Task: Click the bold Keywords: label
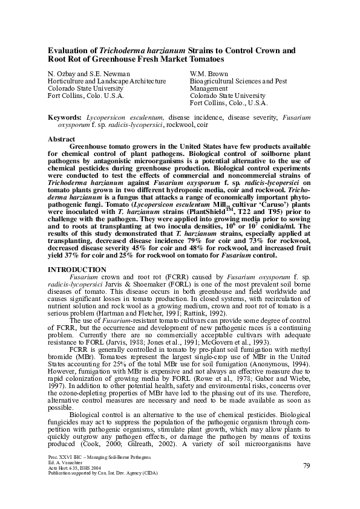tap(65, 116)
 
